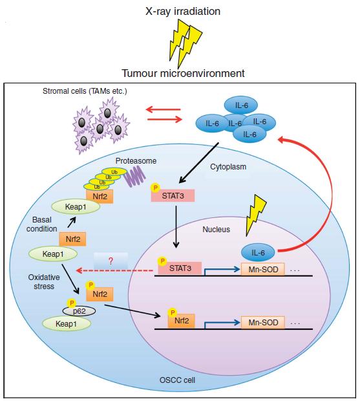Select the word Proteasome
tap(136, 160)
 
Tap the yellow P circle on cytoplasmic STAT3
tap(154, 188)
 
